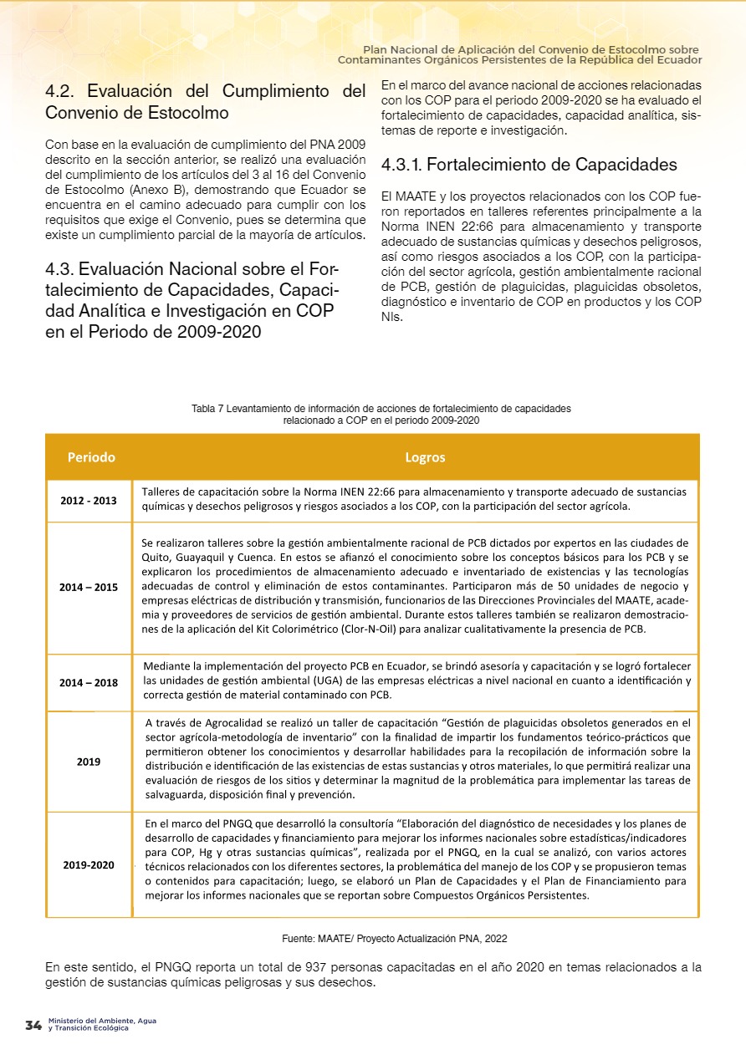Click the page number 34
[x=33, y=1025]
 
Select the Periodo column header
[x=91, y=457]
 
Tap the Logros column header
[x=425, y=457]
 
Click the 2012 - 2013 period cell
[x=89, y=501]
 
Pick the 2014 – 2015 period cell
[x=89, y=588]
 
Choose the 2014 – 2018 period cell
[x=89, y=682]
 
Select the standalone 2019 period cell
[x=89, y=762]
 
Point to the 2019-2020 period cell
[x=89, y=864]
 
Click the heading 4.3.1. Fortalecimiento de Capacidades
[x=529, y=165]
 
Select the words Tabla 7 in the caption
[x=208, y=409]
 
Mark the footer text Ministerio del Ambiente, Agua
[x=102, y=1021]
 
